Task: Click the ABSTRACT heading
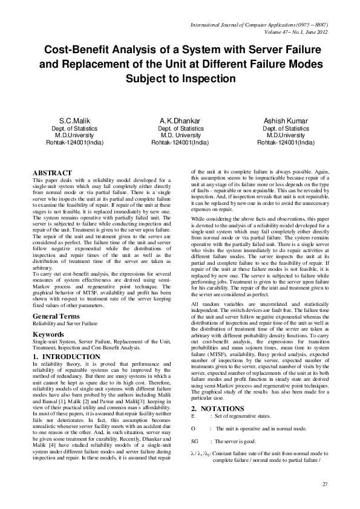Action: (52, 173)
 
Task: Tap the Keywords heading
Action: (49, 334)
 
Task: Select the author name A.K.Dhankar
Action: (180, 121)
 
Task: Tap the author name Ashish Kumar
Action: (286, 121)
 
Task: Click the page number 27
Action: (324, 484)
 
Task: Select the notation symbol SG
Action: (195, 425)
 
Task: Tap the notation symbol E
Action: (192, 400)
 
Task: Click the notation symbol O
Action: (193, 412)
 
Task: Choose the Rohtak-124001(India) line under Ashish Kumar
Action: (286, 143)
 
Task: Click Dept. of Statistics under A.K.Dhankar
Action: (180, 129)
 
